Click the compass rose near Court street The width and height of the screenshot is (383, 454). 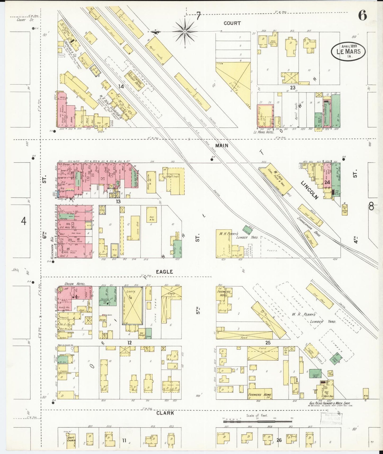click(185, 31)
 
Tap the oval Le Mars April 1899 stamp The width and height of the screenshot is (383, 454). click(348, 51)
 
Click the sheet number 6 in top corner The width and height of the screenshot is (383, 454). click(363, 16)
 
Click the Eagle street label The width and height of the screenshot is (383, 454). click(164, 272)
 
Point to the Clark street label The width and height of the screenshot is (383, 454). click(165, 413)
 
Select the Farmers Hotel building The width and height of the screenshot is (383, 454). click(224, 298)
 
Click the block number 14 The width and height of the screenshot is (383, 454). click(121, 86)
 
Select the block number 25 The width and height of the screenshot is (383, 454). click(268, 343)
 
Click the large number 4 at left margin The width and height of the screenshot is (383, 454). click(24, 221)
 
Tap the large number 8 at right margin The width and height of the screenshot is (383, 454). click(371, 206)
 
